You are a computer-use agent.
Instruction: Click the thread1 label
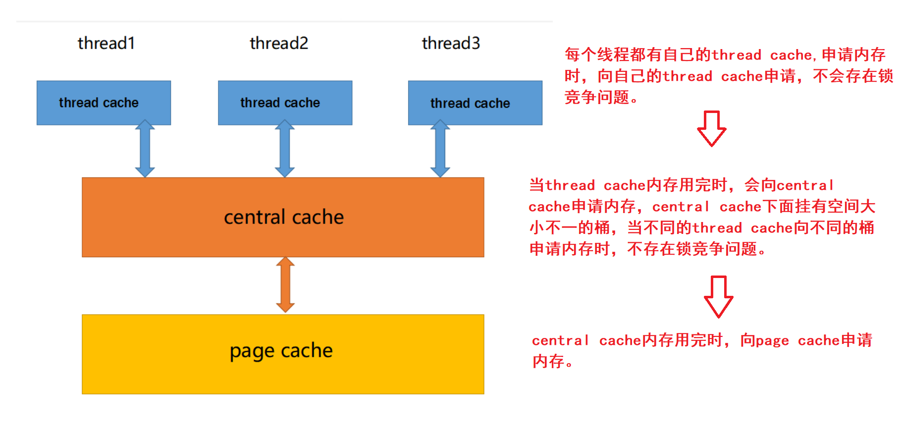106,44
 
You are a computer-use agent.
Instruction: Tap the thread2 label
279,44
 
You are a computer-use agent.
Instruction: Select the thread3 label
451,44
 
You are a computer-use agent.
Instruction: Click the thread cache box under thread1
104,103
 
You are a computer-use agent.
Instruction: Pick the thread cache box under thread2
285,103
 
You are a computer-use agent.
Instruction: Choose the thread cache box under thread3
475,103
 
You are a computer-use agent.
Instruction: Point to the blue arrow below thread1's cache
145,148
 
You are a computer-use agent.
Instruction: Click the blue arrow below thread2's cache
285,148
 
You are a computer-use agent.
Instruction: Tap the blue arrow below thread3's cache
440,148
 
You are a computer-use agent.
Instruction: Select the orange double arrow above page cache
285,284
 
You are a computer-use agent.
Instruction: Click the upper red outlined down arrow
712,128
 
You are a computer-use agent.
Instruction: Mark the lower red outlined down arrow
719,296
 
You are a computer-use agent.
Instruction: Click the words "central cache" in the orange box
284,217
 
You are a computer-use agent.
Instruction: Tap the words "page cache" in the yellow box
281,351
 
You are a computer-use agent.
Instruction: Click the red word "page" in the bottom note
764,341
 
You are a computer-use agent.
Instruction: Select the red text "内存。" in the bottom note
553,361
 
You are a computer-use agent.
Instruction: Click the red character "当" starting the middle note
537,185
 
